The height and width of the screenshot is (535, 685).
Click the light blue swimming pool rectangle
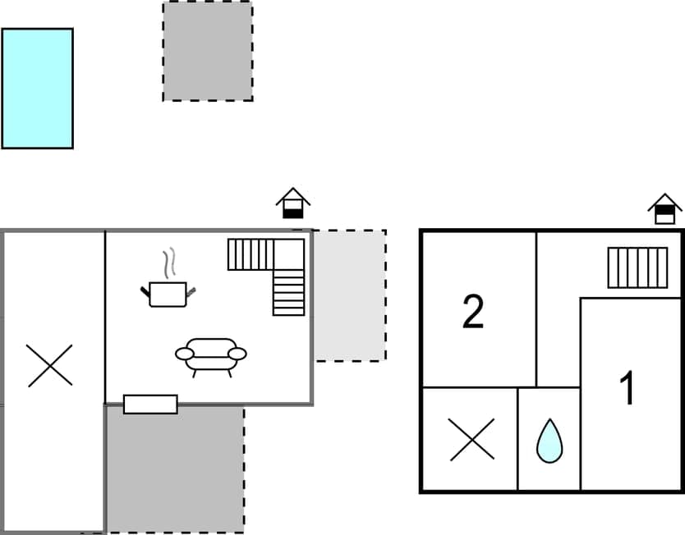click(x=37, y=89)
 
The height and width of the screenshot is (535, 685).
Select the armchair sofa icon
click(x=211, y=355)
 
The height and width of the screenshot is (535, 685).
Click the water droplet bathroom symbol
click(x=548, y=441)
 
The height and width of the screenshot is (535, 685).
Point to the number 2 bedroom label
click(x=473, y=313)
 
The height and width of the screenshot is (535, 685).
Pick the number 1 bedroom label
click(x=627, y=389)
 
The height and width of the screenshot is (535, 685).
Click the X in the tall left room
click(x=50, y=366)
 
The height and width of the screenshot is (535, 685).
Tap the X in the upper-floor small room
click(x=471, y=440)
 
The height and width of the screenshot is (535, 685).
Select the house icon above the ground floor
click(x=292, y=203)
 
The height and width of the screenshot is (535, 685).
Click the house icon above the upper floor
click(x=664, y=208)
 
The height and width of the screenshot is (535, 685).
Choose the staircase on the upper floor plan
click(x=637, y=267)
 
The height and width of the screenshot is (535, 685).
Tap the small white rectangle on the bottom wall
click(x=150, y=404)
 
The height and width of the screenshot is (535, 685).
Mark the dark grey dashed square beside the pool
click(x=207, y=51)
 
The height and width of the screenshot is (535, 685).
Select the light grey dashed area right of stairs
click(x=350, y=295)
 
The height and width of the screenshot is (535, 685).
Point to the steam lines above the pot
click(x=170, y=263)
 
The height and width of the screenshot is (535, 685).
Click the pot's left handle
click(x=145, y=289)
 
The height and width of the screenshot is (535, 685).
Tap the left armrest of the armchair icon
click(x=184, y=354)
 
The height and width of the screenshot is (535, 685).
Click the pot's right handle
click(x=194, y=289)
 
